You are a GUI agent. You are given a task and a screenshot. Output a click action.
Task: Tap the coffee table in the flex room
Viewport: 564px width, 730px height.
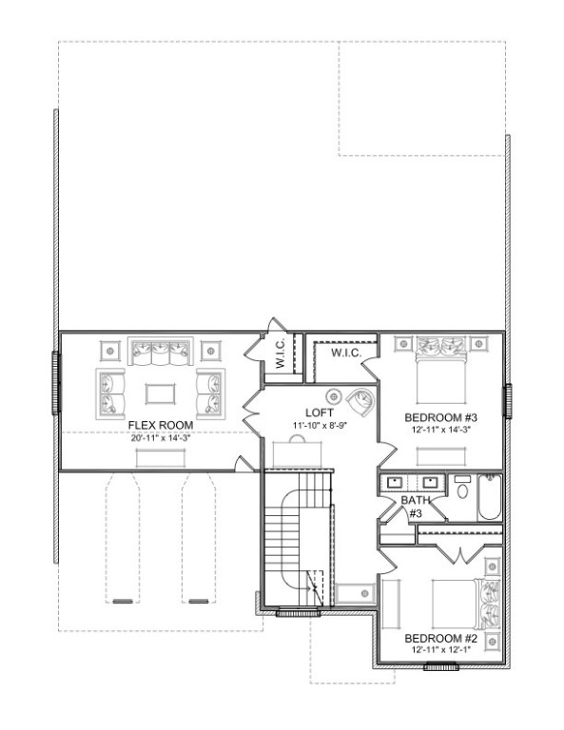coord(159,391)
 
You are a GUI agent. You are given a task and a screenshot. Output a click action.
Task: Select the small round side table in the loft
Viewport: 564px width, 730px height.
coord(334,394)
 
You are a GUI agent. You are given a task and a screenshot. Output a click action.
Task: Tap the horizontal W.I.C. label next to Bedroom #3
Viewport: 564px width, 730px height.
coord(343,354)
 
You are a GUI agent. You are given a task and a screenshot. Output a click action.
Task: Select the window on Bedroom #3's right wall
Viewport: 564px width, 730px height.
coord(508,399)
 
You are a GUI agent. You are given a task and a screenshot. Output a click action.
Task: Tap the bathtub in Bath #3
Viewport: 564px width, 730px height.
coord(489,498)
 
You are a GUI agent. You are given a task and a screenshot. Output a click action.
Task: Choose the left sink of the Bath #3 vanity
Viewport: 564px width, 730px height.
coord(397,482)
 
